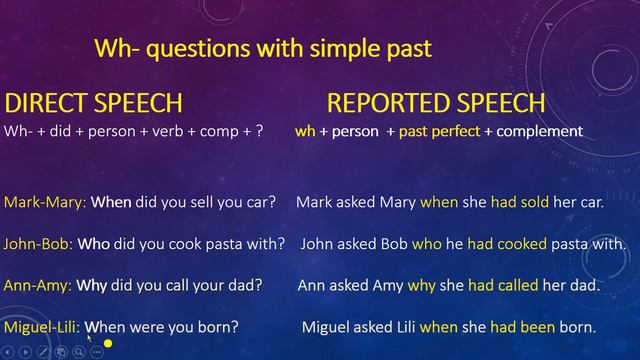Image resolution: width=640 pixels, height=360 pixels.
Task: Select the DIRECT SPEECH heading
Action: [94, 103]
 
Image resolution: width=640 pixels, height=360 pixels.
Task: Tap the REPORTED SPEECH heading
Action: [436, 103]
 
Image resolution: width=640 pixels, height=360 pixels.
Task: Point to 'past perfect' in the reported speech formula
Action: [439, 131]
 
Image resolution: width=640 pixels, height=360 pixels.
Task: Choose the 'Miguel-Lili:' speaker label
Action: [42, 327]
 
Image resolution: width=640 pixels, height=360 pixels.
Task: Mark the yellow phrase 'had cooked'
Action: [508, 243]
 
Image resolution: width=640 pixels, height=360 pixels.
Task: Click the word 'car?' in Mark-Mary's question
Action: [259, 202]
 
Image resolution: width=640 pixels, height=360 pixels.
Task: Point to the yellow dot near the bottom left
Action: [107, 344]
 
